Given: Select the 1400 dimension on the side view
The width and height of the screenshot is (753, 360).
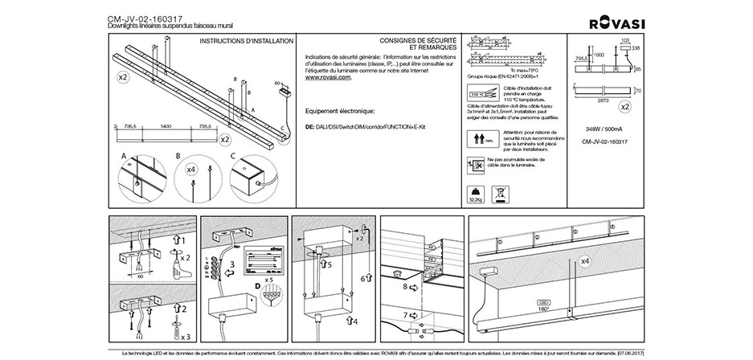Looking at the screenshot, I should [x=166, y=127].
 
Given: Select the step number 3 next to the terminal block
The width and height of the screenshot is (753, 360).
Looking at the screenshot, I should [x=232, y=264].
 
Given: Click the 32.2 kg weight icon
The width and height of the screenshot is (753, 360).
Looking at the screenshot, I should [x=476, y=194].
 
